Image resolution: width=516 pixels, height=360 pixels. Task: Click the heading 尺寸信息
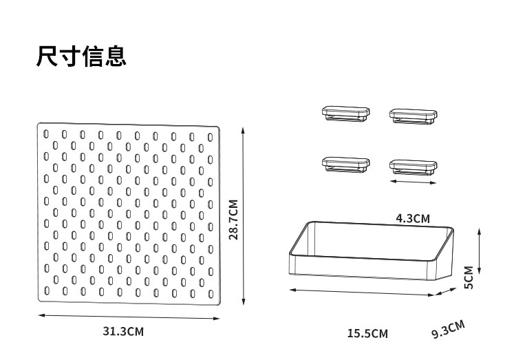[x=81, y=56]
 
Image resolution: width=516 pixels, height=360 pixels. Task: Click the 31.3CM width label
[x=123, y=331]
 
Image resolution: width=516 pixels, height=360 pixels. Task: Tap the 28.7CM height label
[x=233, y=219]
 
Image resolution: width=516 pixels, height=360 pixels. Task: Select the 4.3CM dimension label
[x=413, y=218]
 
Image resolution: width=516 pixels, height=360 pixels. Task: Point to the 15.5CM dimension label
[x=367, y=334]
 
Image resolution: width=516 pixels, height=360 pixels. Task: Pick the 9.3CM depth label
[x=448, y=329]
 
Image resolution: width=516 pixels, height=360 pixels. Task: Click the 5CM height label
[x=469, y=277]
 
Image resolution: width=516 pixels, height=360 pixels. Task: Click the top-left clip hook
[x=345, y=113]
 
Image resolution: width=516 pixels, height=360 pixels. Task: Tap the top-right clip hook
[x=413, y=115]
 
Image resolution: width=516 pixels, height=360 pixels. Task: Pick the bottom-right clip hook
[x=413, y=166]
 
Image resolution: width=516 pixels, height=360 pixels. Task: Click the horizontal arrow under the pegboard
[x=129, y=317]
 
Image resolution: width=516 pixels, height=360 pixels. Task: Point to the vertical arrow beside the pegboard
[x=244, y=215]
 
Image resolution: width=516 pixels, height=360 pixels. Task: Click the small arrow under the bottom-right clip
[x=413, y=181]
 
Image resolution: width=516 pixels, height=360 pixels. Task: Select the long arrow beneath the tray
[x=362, y=292]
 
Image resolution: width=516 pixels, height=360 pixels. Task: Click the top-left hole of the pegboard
[x=46, y=133]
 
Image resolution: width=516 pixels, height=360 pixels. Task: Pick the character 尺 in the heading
[x=47, y=56]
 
